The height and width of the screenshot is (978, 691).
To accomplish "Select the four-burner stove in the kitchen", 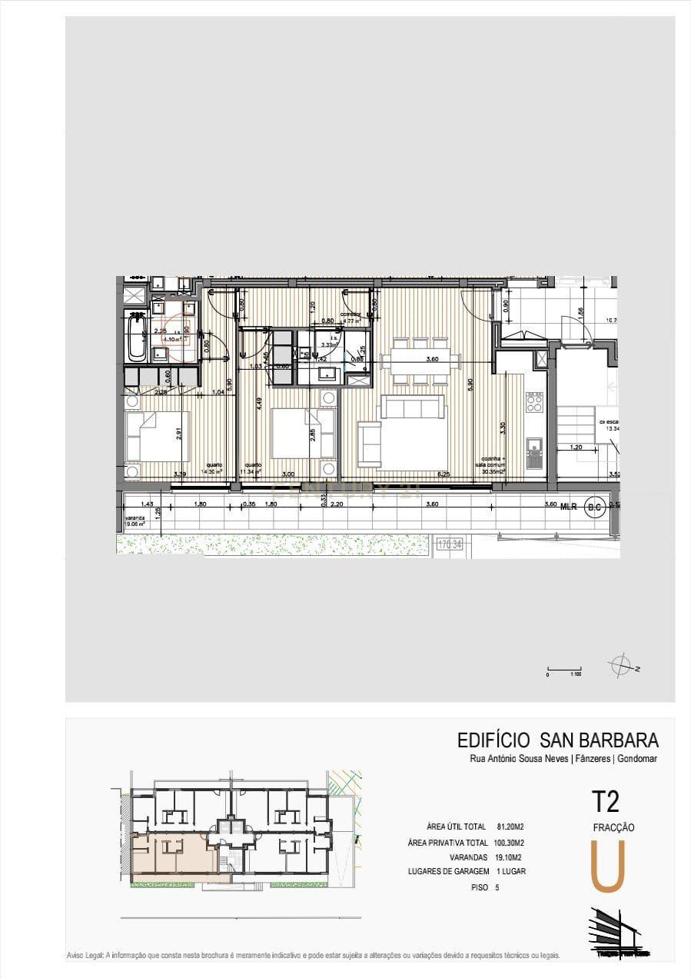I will click(533, 401).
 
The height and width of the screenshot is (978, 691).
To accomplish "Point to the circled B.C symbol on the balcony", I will click(593, 507).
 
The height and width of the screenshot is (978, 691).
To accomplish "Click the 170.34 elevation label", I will click(452, 545).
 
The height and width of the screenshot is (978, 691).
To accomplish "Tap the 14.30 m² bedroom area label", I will click(211, 471).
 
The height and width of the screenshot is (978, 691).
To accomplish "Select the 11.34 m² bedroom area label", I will click(253, 471).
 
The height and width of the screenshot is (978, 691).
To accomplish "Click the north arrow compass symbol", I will click(621, 665).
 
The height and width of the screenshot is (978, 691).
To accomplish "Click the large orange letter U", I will click(606, 867).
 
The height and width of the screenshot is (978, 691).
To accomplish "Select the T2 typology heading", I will click(605, 801).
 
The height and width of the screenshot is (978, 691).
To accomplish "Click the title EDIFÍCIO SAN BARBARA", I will click(557, 740).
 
